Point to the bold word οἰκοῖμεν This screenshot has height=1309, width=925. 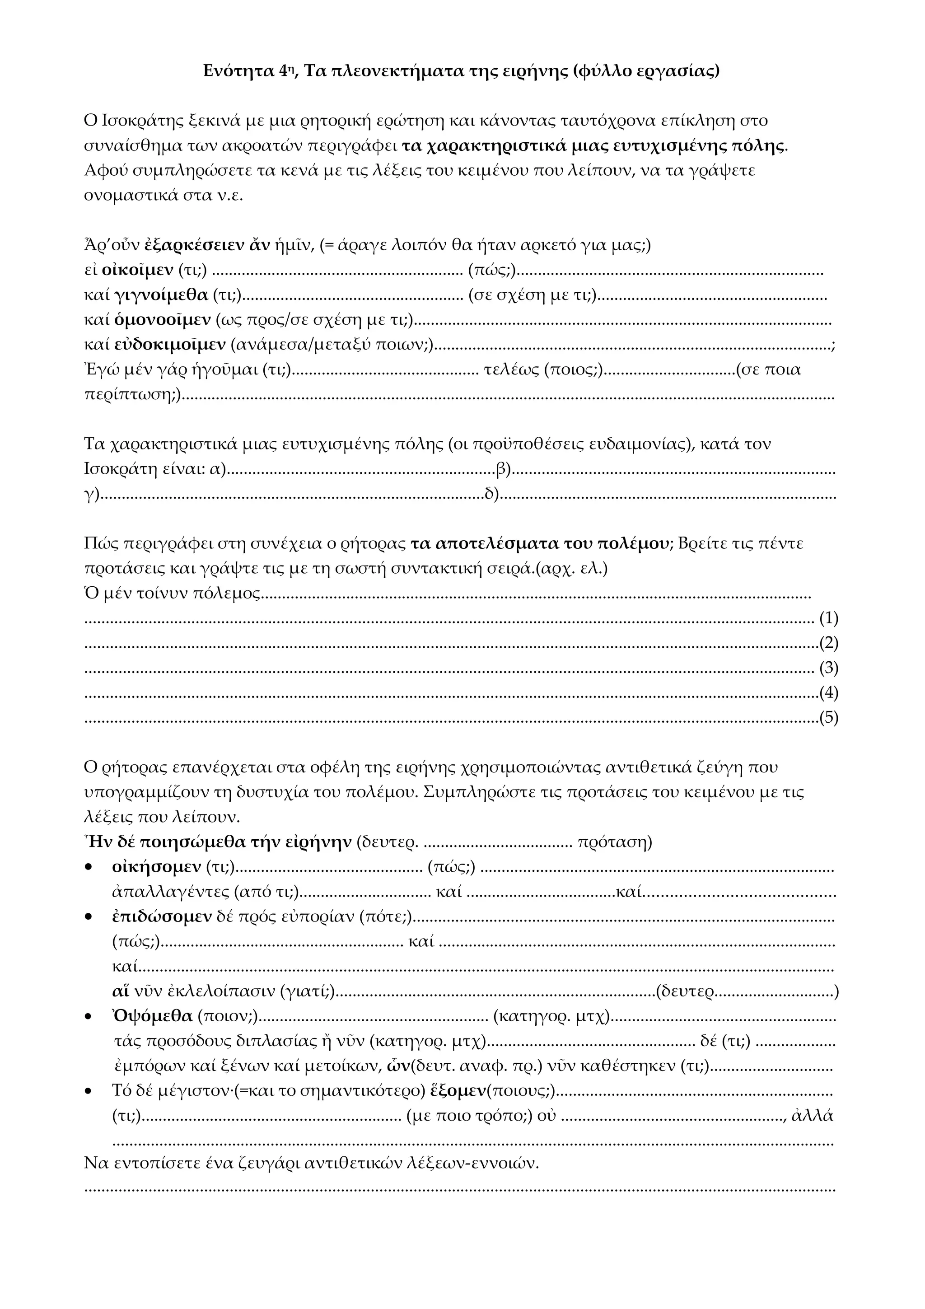(137, 270)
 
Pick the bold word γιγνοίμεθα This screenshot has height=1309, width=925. (161, 295)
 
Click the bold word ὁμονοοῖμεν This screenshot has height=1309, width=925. (163, 320)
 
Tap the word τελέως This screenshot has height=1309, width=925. (511, 370)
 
